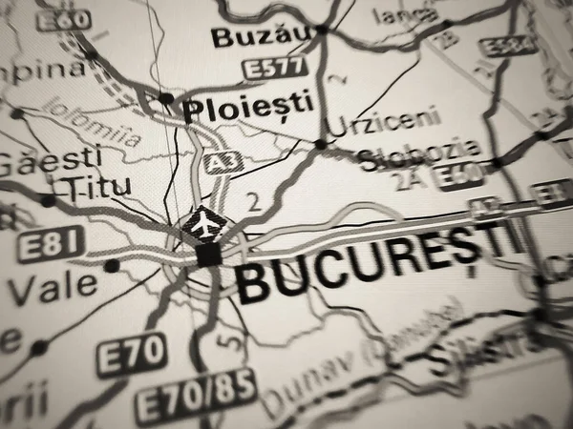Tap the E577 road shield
[275, 68]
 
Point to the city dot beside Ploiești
[166, 98]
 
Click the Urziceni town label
[383, 121]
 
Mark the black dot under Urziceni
[320, 145]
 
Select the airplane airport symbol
[203, 225]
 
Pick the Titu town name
[98, 186]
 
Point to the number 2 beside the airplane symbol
[253, 202]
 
